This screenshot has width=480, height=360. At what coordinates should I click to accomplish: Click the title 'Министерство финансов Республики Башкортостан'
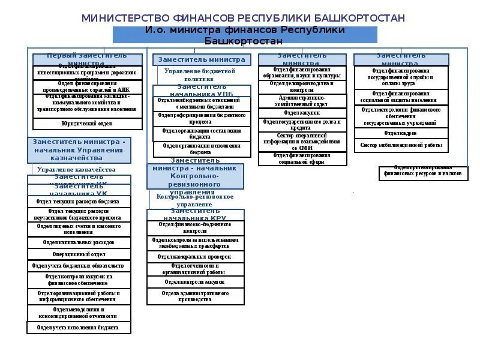[x=243, y=18]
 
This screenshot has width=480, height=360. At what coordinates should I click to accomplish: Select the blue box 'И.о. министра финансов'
[x=244, y=35]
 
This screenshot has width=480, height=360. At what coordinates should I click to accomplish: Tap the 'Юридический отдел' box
[x=87, y=124]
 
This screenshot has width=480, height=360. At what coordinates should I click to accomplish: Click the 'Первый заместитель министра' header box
[x=87, y=59]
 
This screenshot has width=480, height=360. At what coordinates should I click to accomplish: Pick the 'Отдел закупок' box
[x=302, y=113]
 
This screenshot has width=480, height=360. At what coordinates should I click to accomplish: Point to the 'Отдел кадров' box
[x=400, y=133]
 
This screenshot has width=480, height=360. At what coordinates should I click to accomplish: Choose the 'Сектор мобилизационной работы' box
[x=400, y=145]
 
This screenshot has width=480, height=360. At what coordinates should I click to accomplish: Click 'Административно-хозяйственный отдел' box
[x=302, y=101]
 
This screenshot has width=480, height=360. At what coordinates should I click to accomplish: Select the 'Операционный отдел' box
[x=79, y=254]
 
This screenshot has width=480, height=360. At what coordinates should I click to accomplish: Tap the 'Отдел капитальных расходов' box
[x=79, y=242]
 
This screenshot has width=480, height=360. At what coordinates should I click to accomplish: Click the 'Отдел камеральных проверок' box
[x=195, y=257]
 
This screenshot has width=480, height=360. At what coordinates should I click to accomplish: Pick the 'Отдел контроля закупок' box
[x=195, y=281]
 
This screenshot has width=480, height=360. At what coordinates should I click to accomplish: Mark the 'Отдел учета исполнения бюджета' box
[x=79, y=328]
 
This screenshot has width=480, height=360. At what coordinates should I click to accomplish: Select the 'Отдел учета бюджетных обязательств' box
[x=79, y=265]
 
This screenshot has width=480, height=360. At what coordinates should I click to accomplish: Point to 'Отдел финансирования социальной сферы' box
[x=302, y=159]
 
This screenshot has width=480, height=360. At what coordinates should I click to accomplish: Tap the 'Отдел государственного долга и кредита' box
[x=302, y=125]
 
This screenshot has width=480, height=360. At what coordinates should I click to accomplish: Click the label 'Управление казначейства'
[x=76, y=170]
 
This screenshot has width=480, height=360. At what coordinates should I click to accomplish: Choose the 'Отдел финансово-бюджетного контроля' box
[x=195, y=227]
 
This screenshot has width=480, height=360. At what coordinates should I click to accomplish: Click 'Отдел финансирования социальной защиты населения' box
[x=400, y=97]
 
